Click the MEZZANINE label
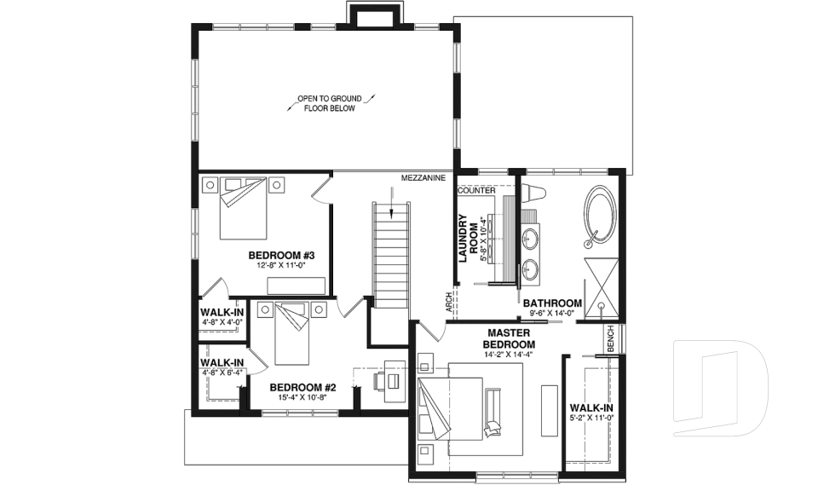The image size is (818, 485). (x=423, y=179)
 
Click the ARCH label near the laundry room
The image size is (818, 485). (x=448, y=303)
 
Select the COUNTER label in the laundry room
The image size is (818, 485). (x=476, y=190)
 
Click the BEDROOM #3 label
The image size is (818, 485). (x=282, y=256)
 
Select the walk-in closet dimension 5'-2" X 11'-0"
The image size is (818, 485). (x=591, y=419)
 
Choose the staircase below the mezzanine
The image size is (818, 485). (x=392, y=256)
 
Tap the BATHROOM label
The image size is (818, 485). (x=552, y=303)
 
